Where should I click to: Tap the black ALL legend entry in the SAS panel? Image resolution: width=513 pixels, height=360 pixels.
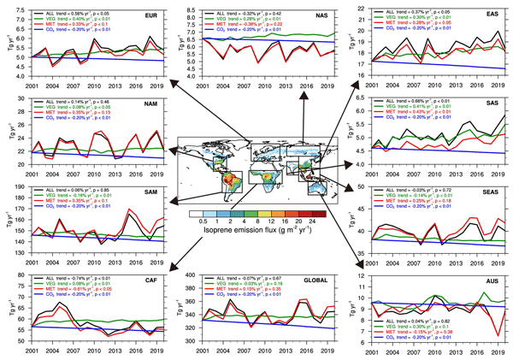click(419, 104)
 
